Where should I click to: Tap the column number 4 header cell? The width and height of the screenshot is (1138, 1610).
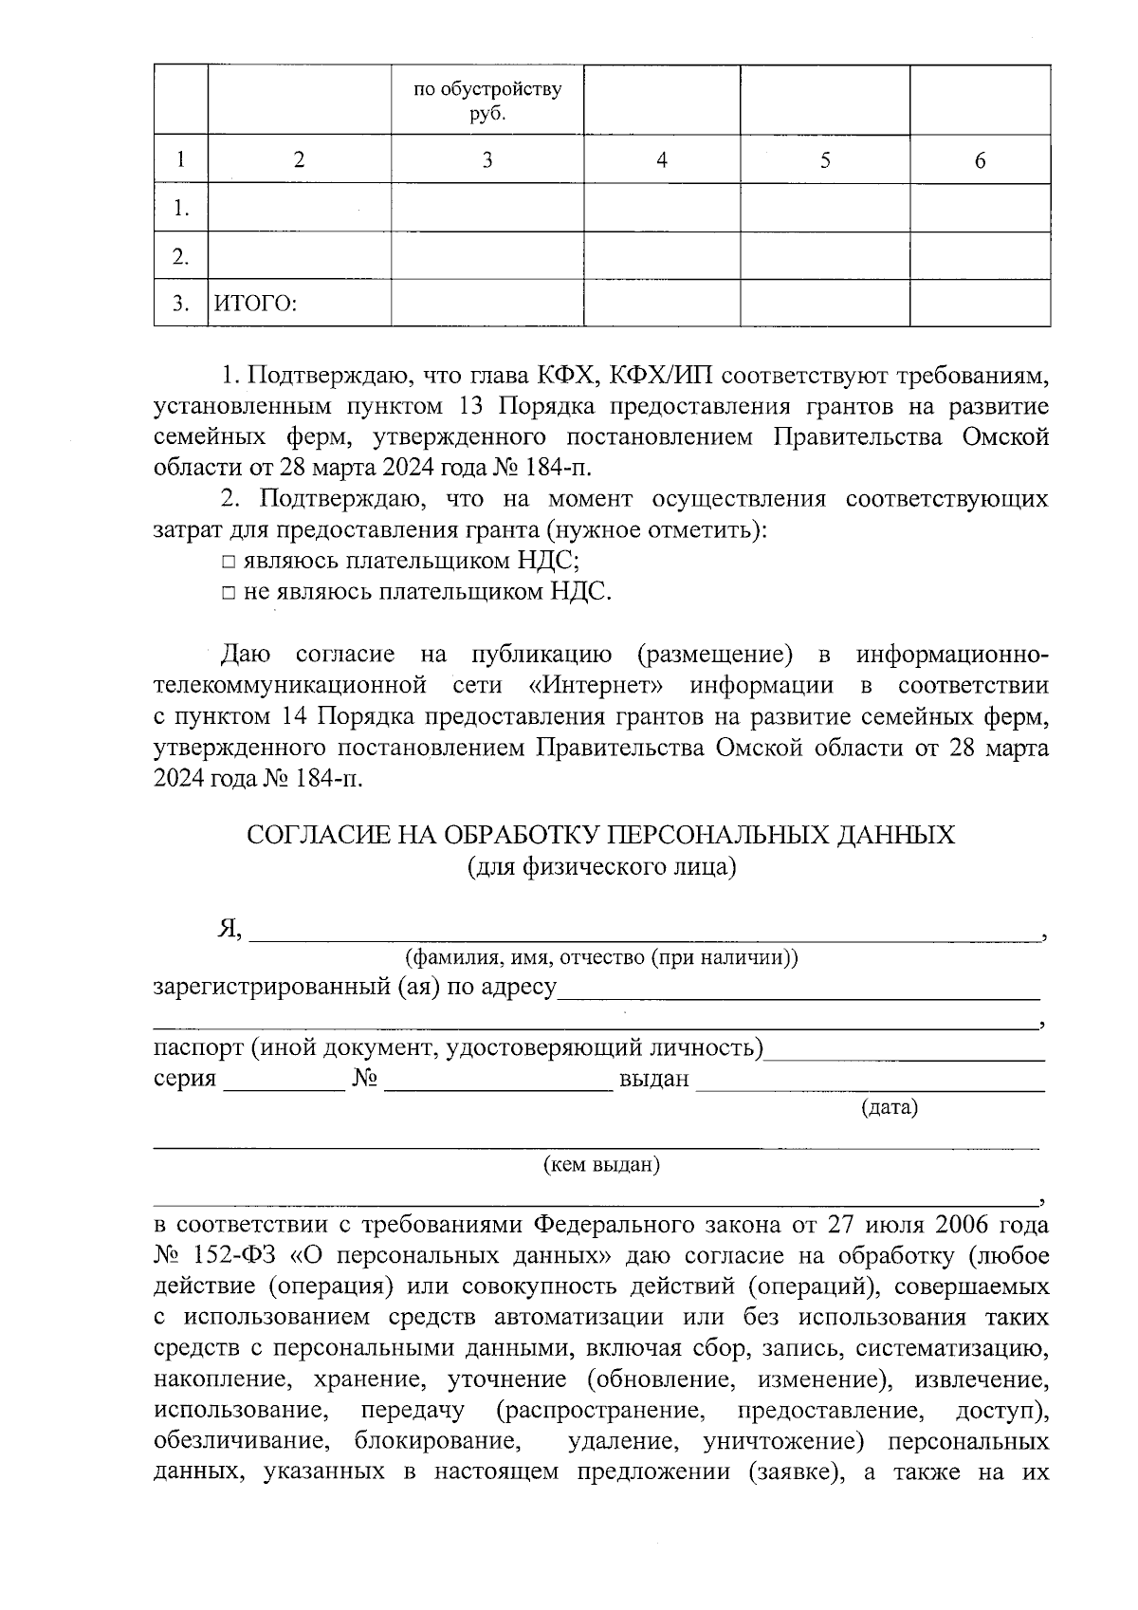(x=661, y=160)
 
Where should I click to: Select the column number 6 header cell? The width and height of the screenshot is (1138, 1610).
(x=980, y=160)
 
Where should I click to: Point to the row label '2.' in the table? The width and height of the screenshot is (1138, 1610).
(x=180, y=257)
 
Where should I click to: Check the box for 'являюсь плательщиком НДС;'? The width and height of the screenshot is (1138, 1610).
(x=229, y=562)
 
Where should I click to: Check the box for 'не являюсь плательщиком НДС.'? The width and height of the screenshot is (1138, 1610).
(x=229, y=593)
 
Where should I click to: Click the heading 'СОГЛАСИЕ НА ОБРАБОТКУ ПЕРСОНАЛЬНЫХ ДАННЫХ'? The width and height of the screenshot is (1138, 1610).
(x=600, y=835)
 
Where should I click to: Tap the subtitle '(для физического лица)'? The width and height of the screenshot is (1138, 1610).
(x=601, y=866)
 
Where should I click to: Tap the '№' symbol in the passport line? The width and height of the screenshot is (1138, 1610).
(x=365, y=1080)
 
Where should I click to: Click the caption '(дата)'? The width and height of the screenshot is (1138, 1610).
(x=889, y=1106)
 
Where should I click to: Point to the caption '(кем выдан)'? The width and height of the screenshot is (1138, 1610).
(x=600, y=1164)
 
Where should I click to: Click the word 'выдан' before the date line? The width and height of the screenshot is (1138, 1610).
(x=653, y=1080)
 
